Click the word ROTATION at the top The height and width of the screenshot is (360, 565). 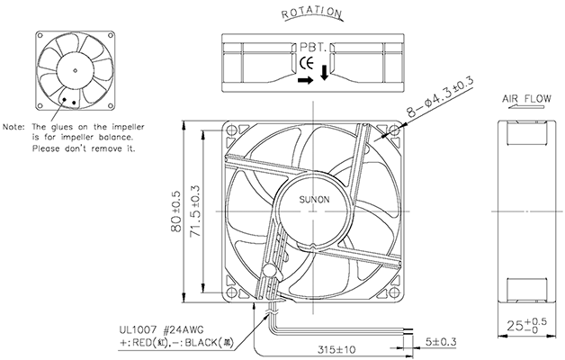pos(311,13)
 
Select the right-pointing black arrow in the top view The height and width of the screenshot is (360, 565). pos(307,79)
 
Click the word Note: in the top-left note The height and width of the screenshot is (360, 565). pos(16,127)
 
